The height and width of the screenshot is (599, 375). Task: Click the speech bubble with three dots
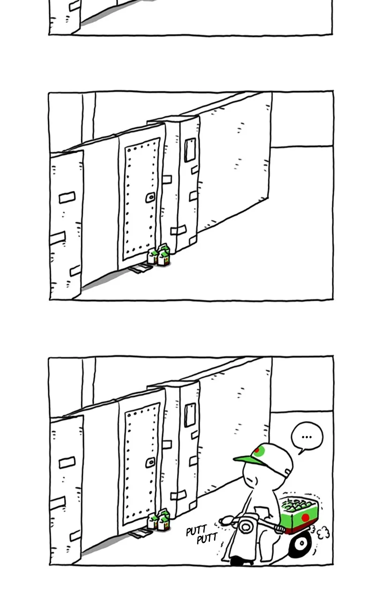coord(307,438)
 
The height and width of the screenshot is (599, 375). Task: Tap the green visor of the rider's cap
coord(248,460)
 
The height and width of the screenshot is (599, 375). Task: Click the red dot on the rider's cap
coord(257,451)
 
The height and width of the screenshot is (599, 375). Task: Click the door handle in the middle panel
coord(150,197)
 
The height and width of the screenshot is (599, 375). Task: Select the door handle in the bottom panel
coord(150,462)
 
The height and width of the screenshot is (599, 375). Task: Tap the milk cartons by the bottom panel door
coord(158,519)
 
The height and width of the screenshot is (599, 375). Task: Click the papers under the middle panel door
coord(140,269)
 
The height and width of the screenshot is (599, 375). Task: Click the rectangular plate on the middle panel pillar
coord(190,150)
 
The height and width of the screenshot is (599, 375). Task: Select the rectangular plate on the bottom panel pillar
coord(190,415)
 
